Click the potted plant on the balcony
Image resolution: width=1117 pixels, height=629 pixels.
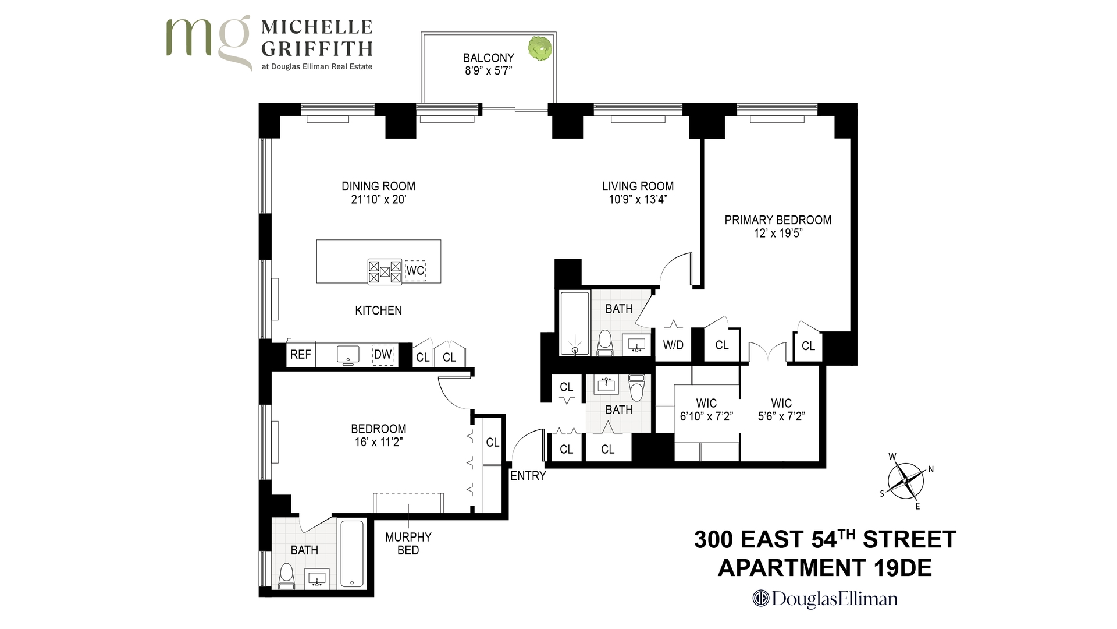[x=540, y=48]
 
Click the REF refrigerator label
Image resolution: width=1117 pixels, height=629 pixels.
[x=301, y=354]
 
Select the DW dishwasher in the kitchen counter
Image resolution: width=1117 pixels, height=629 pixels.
[x=383, y=355]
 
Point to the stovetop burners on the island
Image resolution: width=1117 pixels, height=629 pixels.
[x=385, y=271]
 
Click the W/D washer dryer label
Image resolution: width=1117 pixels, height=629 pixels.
[x=673, y=345]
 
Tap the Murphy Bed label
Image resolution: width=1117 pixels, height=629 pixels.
[x=408, y=543]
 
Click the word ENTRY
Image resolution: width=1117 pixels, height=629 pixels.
[x=528, y=476]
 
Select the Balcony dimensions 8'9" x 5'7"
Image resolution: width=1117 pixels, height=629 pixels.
[x=488, y=71]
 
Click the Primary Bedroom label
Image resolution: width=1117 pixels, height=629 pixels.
[x=778, y=220]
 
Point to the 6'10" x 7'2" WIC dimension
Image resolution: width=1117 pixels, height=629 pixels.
[x=706, y=416]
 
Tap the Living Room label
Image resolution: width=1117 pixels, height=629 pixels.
[x=638, y=186]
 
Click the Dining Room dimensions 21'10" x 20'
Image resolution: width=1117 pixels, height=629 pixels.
[x=378, y=200]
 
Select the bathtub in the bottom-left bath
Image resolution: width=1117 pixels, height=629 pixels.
[x=351, y=554]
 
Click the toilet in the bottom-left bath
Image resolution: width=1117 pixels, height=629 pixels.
[x=286, y=575]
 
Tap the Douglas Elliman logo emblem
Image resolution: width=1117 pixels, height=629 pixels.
[x=760, y=598]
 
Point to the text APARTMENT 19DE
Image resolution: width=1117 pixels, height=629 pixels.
[x=824, y=568]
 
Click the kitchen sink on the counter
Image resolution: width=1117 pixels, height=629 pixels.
[x=348, y=354]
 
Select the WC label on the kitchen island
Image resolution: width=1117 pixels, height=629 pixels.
[x=415, y=271]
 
